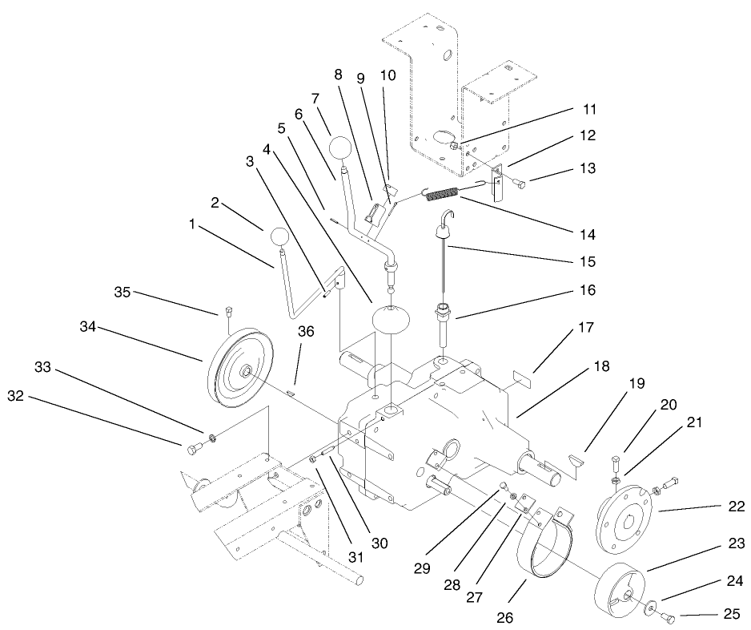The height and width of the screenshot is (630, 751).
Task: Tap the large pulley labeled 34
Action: (x=238, y=367)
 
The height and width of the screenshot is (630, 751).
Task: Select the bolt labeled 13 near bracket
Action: (x=520, y=184)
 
